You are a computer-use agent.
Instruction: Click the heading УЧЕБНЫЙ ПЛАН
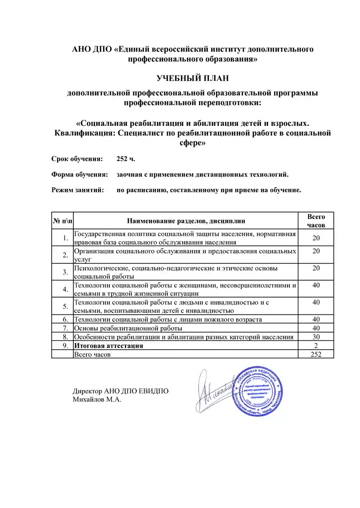coord(193,79)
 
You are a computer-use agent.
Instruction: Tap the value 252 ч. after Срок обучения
coord(126,159)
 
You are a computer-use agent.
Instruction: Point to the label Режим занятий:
coord(78,190)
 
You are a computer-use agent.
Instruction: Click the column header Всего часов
coord(316,221)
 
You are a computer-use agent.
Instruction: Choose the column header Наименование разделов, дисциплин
coord(186,221)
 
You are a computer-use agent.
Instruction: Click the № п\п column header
coord(62,221)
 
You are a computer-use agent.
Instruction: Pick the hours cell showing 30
coord(316,337)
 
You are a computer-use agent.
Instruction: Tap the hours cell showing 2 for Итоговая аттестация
coord(316,346)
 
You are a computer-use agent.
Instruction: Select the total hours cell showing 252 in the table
coord(316,354)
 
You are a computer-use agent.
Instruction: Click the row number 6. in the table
coord(65,319)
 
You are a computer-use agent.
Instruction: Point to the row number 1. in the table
coord(66,238)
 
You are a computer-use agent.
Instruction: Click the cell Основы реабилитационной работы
coord(128,328)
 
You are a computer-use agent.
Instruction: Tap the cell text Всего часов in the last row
coord(92,354)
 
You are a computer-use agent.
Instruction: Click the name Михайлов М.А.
coord(97,399)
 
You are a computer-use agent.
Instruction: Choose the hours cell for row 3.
coord(316,268)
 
